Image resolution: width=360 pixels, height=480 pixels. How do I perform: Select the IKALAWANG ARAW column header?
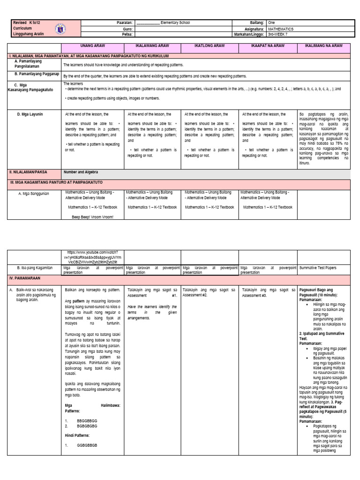(153, 46)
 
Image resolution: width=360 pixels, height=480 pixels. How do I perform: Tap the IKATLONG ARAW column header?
(210, 46)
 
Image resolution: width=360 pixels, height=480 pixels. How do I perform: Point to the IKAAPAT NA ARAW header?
(268, 46)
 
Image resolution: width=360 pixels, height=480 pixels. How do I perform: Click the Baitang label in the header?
(257, 22)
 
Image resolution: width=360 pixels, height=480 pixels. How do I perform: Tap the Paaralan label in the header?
(125, 22)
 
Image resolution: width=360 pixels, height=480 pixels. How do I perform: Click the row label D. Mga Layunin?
(30, 114)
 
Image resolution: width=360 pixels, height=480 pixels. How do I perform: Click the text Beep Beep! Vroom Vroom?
(92, 217)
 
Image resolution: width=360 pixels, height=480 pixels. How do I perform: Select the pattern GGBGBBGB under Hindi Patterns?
(87, 445)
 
